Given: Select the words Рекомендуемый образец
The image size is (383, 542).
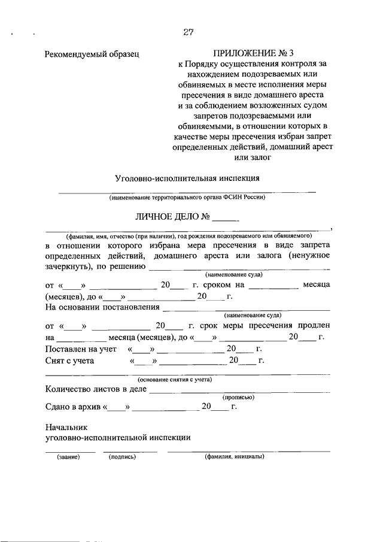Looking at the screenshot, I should point(92,54).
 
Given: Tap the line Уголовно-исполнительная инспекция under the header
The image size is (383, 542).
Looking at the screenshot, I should point(187,178).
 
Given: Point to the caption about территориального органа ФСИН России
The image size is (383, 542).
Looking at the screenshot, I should point(187,197).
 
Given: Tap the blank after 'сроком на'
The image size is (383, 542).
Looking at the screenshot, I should point(272,286).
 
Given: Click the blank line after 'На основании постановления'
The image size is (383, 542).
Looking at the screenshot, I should point(246,308).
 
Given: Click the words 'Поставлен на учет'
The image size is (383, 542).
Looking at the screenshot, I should point(80,349).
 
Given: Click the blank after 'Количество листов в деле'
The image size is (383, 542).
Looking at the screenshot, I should point(239,390).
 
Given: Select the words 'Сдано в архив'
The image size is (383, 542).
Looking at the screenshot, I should point(72,407).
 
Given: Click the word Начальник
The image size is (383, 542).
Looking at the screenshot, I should point(66,428).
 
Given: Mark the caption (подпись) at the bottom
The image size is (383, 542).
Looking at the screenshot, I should point(122,457).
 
